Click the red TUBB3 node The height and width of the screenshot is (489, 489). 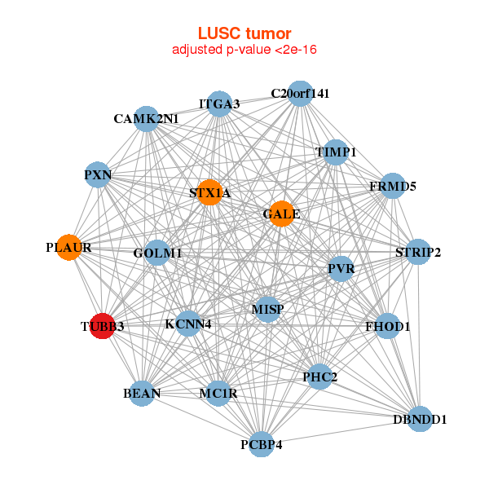coord(102,326)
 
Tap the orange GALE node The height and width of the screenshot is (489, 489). coord(282,214)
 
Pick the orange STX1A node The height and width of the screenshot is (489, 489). coord(210,192)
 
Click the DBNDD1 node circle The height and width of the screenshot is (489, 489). coord(419,419)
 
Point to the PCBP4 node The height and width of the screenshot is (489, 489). coord(261,443)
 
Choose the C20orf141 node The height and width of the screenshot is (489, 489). coord(300,93)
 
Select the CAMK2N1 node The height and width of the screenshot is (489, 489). coord(146,118)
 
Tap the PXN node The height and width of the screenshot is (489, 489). coord(98,174)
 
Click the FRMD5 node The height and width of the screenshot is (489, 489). coord(393,186)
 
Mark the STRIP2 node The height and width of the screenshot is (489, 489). coord(417,252)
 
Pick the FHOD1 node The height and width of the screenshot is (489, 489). coord(388,327)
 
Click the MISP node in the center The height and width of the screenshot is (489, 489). coord(267,309)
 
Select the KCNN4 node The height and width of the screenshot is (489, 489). coord(187,324)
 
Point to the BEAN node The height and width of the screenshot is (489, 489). coord(143,393)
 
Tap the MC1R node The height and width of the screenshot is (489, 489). coord(218,393)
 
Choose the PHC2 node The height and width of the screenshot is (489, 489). coord(319,377)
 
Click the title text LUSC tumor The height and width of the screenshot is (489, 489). coord(244,33)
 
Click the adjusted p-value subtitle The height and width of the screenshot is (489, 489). coord(244,50)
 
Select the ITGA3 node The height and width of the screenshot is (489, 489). coord(219,104)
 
